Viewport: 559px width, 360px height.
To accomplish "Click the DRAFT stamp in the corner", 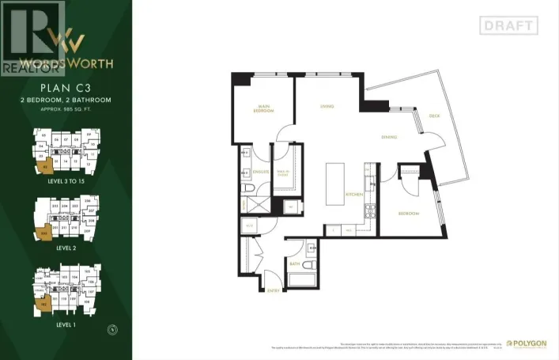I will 508,25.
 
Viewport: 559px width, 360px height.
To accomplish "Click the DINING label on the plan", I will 388,137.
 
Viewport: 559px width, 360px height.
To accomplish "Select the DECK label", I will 434,116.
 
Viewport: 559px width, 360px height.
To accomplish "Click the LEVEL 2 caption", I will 66,247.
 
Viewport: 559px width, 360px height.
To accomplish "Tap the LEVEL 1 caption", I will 66,324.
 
